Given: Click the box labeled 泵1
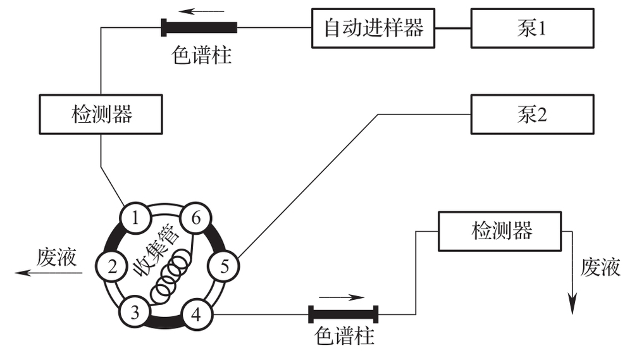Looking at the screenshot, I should [x=531, y=28].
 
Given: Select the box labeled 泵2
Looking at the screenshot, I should [x=531, y=115].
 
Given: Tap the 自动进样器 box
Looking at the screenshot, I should [x=373, y=28].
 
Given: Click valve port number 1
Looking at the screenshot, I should [x=135, y=219].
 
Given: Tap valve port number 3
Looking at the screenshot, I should [x=135, y=311].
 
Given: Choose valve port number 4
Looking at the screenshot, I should [x=195, y=313].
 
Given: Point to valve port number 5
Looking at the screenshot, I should [x=223, y=266].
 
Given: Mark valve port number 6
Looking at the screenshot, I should [x=195, y=219].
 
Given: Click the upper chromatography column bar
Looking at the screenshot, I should [x=199, y=27].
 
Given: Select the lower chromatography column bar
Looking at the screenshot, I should [x=343, y=314].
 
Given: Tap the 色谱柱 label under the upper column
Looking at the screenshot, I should [x=202, y=56].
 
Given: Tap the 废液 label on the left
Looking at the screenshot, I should [x=58, y=257].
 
